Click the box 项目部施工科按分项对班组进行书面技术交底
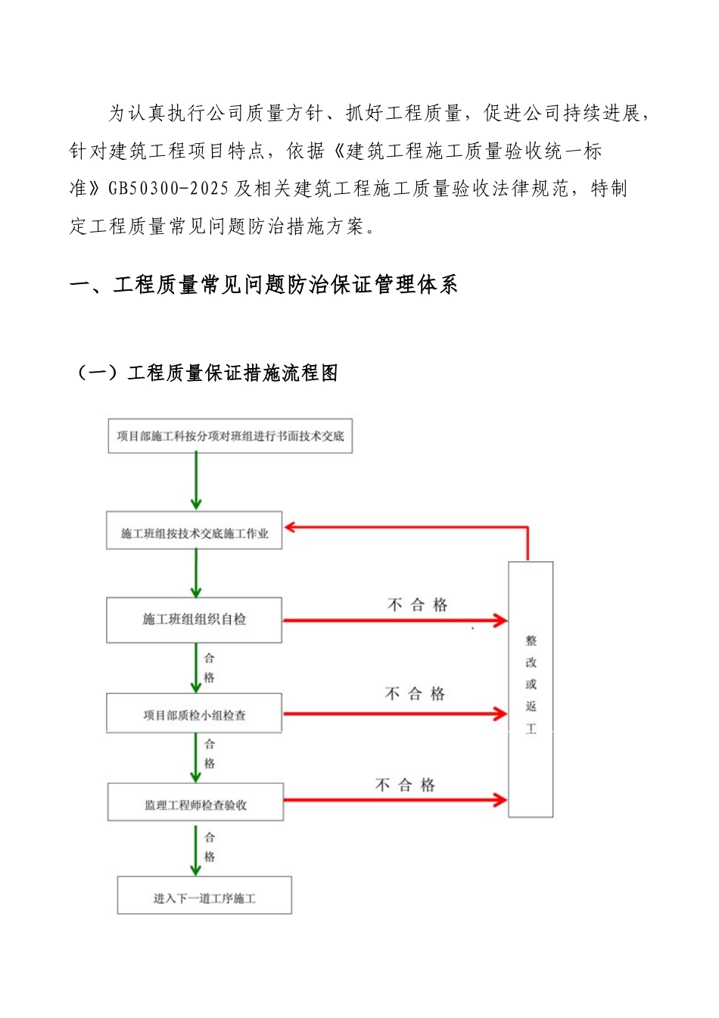pyautogui.click(x=230, y=436)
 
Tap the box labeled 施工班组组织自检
pyautogui.click(x=195, y=620)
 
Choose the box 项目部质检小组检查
pyautogui.click(x=195, y=714)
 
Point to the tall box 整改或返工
pyautogui.click(x=531, y=689)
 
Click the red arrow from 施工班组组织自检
pyautogui.click(x=394, y=621)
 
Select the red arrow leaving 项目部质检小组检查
pyautogui.click(x=394, y=714)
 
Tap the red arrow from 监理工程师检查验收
pyautogui.click(x=394, y=800)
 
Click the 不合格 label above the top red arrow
pyautogui.click(x=418, y=604)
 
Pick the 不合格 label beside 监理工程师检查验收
pyautogui.click(x=405, y=785)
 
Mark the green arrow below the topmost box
pyautogui.click(x=196, y=481)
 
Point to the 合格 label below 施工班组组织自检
pyautogui.click(x=210, y=667)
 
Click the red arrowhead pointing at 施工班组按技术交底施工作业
pyautogui.click(x=290, y=527)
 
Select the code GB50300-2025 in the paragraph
pyautogui.click(x=168, y=189)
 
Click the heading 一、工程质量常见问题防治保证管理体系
pyautogui.click(x=263, y=285)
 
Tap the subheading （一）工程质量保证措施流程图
pyautogui.click(x=206, y=373)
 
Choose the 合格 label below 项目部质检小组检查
pyautogui.click(x=210, y=754)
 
